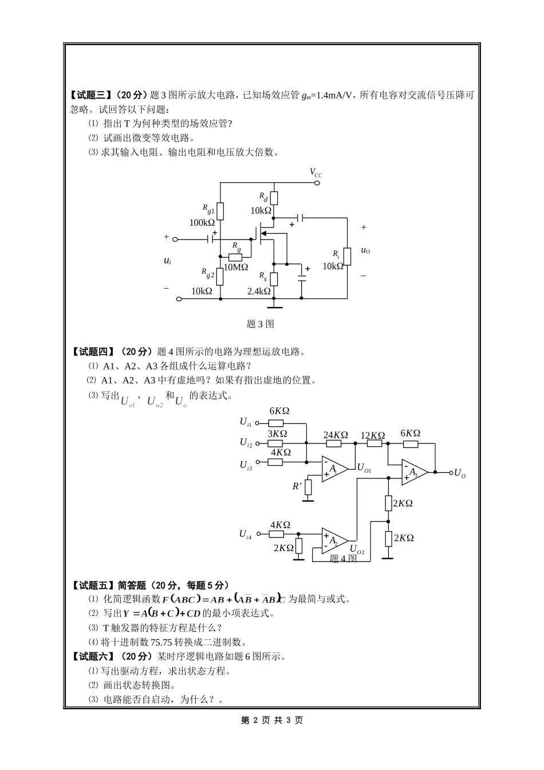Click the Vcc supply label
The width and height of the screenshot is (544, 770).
[316, 172]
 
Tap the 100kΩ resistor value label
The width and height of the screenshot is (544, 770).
[202, 222]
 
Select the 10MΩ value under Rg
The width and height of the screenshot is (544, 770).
[235, 267]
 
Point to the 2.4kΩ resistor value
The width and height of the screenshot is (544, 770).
[259, 291]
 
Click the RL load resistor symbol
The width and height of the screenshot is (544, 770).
[347, 257]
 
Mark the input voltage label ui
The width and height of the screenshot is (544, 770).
[167, 261]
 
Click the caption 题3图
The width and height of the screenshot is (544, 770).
[260, 324]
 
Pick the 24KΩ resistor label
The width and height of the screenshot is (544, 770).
[336, 435]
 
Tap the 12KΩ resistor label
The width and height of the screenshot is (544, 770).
[372, 435]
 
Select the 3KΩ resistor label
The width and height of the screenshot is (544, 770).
[277, 434]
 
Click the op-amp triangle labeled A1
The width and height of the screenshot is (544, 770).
[334, 469]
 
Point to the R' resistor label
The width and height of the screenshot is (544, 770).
[297, 486]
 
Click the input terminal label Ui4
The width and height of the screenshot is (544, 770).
[245, 534]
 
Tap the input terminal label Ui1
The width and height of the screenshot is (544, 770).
[245, 422]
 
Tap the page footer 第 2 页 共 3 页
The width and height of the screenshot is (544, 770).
[272, 720]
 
